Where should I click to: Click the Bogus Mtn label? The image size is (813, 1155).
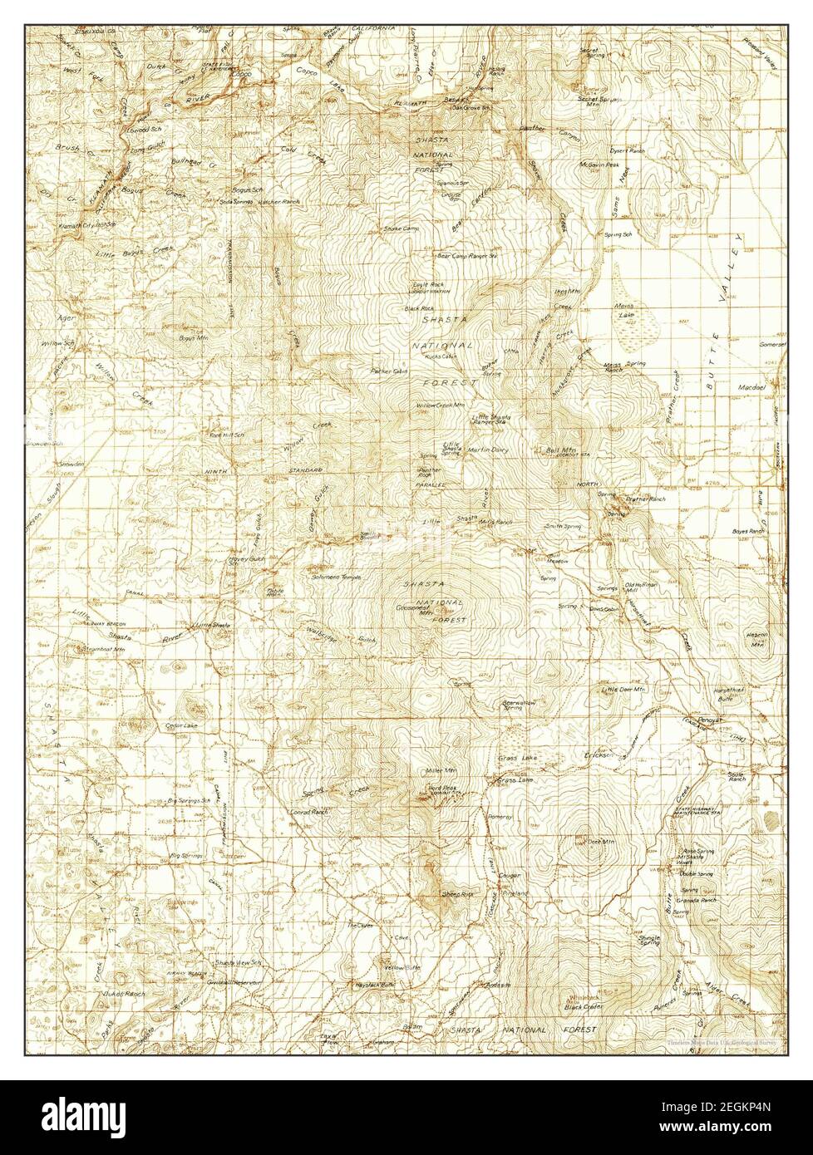[x=191, y=338]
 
